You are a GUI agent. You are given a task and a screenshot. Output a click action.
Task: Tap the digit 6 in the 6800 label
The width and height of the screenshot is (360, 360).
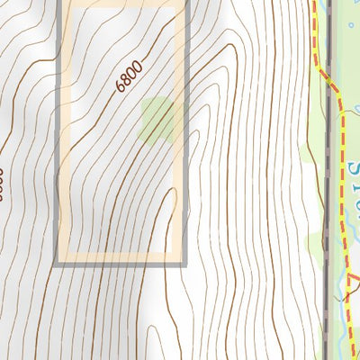121,88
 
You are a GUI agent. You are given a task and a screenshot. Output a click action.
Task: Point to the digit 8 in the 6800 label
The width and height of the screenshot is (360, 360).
127,80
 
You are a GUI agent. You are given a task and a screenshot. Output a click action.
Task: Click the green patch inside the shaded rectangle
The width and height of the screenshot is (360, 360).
160,120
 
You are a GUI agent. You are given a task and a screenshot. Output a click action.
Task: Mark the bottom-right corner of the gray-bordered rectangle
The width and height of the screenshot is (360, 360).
184,262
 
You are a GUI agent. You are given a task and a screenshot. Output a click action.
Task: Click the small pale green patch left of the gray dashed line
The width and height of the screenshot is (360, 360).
315,241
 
